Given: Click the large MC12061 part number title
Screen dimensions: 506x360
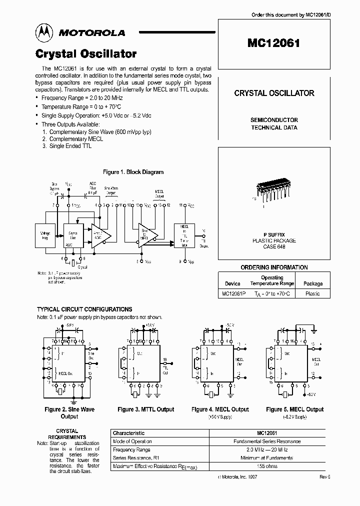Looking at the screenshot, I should (273, 42).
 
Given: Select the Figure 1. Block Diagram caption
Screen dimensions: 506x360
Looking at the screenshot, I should (133, 172).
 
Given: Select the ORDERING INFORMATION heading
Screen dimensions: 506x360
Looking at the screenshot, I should (274, 267).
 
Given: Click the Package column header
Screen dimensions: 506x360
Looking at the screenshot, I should (313, 283).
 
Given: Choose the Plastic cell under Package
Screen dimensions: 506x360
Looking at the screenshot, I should (312, 293).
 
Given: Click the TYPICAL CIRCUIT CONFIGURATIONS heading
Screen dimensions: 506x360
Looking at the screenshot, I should (84, 309).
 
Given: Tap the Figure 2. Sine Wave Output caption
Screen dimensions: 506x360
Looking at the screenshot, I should (69, 412).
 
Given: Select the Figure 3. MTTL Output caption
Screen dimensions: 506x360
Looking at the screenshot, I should (146, 409).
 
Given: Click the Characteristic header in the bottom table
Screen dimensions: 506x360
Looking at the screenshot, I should (129, 433).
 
